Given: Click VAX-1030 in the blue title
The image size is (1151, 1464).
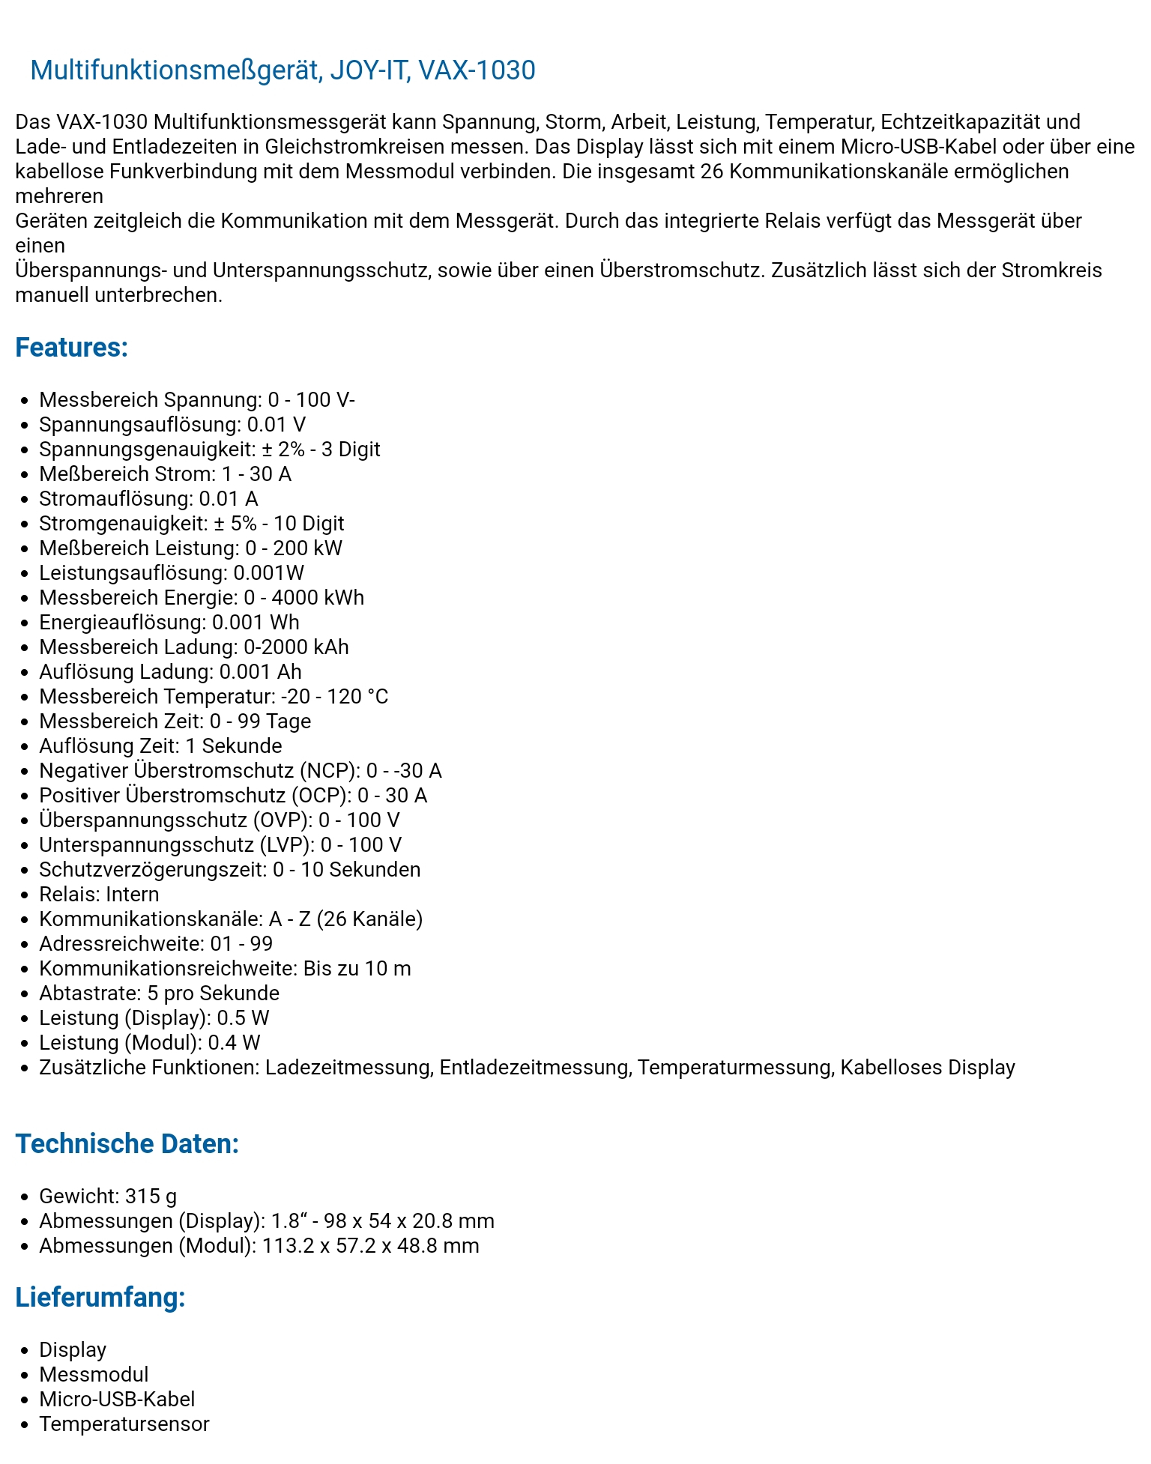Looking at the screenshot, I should tap(477, 70).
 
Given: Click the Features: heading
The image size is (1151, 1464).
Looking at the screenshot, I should tap(72, 348).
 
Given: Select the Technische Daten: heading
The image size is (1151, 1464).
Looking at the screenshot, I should tap(127, 1144).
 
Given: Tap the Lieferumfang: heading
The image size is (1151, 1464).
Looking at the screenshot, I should tap(100, 1298).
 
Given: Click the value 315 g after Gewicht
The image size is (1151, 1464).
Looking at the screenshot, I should tap(151, 1197).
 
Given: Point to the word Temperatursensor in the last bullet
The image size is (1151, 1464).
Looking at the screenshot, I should tap(124, 1424).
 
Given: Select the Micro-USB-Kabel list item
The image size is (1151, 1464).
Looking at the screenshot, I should tap(117, 1400).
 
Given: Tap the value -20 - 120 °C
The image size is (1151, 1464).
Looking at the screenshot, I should tap(334, 697).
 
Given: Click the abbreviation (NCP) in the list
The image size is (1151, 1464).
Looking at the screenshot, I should tap(329, 771).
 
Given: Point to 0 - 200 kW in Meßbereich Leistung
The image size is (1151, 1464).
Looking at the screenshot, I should tap(294, 548).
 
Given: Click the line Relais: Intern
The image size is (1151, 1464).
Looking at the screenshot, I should tap(99, 895).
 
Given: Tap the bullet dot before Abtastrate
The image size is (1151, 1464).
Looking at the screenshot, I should tap(25, 994).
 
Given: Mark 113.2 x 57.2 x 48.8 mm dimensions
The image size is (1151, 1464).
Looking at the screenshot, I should tap(370, 1246).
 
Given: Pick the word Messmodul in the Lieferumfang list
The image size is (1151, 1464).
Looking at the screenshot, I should tap(94, 1375).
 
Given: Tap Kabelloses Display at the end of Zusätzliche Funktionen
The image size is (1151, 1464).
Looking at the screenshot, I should tap(927, 1068).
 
